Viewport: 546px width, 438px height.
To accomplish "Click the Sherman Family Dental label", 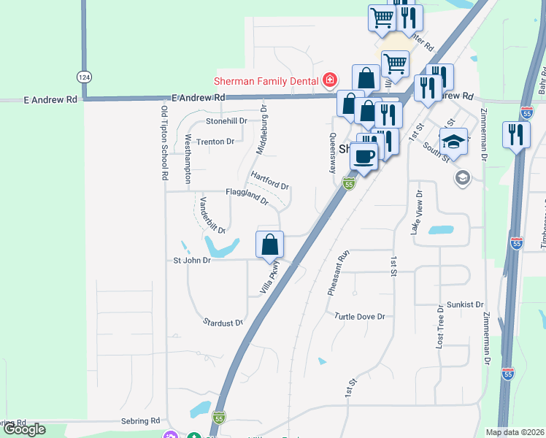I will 266,80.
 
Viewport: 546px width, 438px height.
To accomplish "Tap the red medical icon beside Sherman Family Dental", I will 330,80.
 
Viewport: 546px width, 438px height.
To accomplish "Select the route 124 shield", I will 85,76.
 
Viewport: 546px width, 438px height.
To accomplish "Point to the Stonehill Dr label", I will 227,121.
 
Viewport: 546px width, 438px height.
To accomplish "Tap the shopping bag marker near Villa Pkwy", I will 270,244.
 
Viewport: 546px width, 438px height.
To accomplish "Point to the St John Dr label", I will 191,260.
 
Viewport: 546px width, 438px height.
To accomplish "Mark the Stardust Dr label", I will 223,321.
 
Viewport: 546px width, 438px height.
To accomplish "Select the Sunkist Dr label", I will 465,304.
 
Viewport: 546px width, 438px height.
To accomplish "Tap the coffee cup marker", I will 364,155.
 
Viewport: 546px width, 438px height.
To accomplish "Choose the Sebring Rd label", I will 140,421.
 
